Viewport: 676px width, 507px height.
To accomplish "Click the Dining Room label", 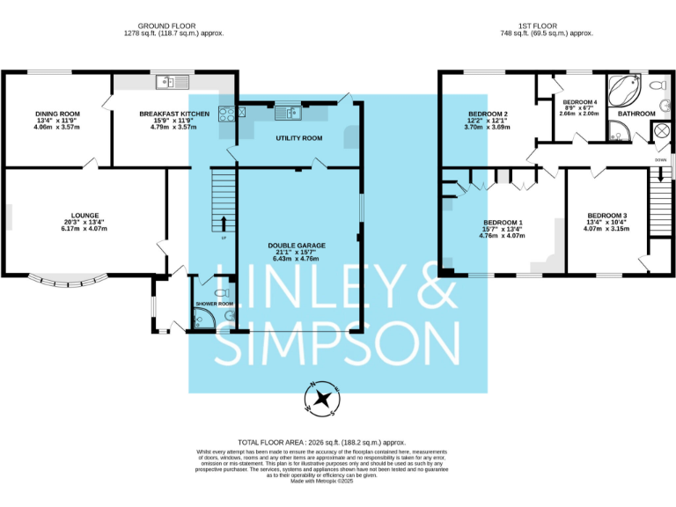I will [x=57, y=114].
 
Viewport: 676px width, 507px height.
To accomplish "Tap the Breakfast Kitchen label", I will [x=174, y=114].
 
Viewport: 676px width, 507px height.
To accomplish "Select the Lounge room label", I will [x=84, y=214].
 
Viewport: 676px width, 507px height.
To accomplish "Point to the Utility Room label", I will [x=298, y=138].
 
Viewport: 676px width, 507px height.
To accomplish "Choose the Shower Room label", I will [x=214, y=304].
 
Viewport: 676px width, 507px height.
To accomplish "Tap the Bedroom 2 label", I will [x=488, y=114].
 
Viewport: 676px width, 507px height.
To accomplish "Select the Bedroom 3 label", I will [x=606, y=216].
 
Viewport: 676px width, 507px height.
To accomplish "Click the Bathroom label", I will [x=636, y=114].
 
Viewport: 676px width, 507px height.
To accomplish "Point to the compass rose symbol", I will [x=321, y=399].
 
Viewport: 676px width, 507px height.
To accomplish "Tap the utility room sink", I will [x=288, y=112].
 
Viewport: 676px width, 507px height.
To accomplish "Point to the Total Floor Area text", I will [x=321, y=442].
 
